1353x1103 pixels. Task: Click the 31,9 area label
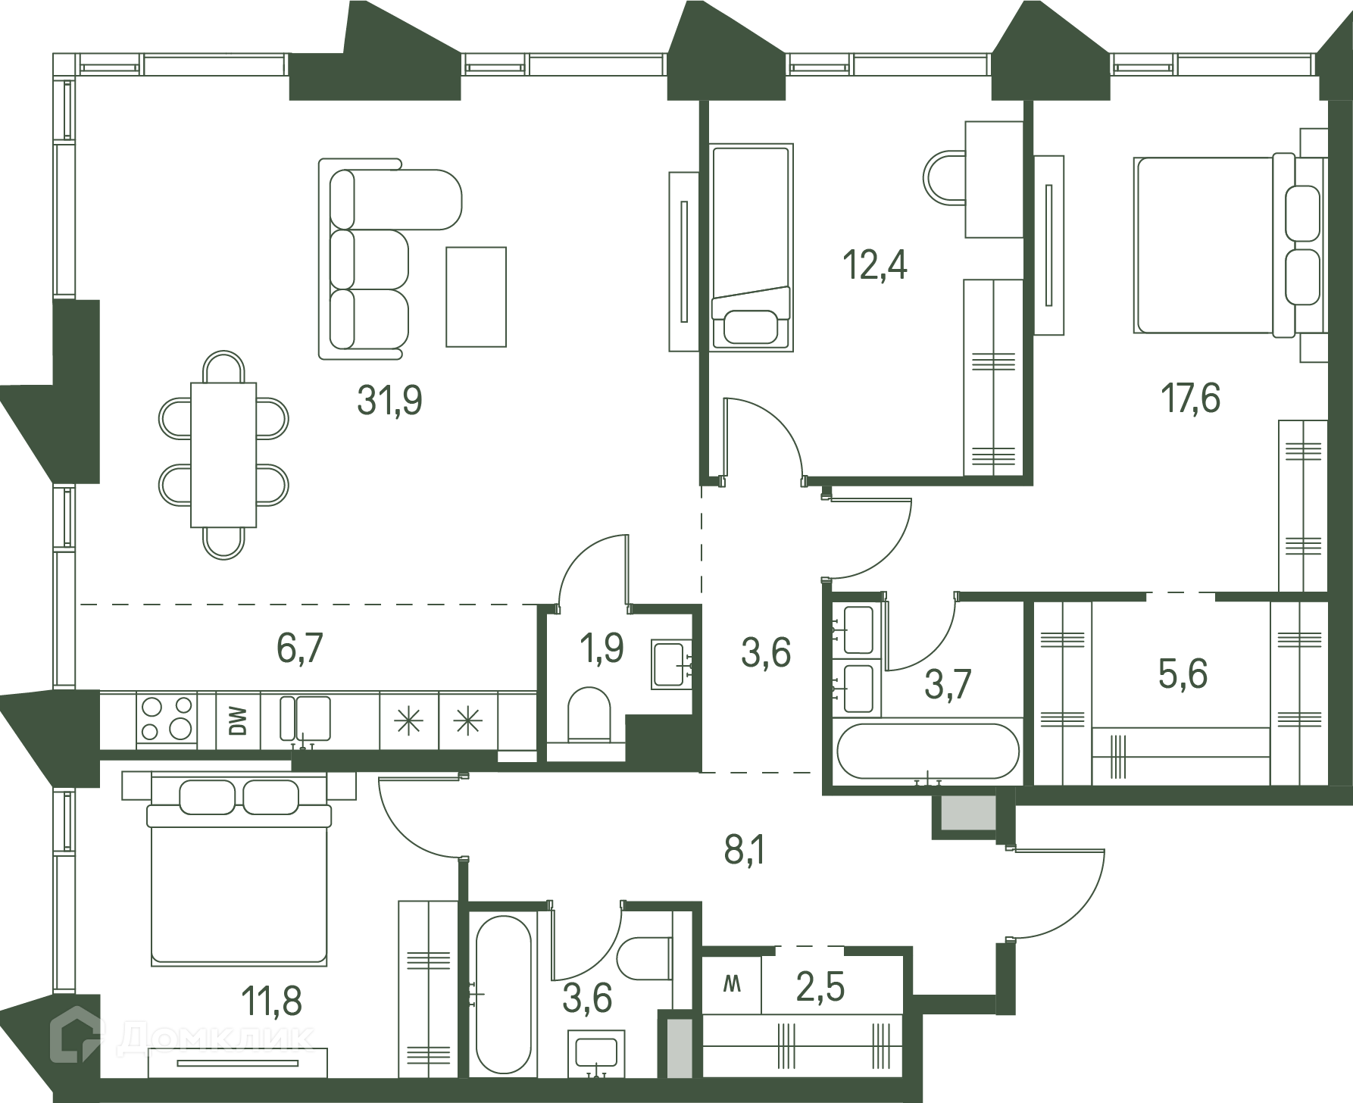(389, 400)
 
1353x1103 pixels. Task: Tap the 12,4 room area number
(875, 266)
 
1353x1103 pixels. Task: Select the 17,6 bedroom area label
(1191, 398)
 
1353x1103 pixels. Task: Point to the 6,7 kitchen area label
(301, 648)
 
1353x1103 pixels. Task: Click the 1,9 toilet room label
(602, 648)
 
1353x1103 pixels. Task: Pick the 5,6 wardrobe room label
(1183, 673)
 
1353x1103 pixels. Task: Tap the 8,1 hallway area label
(745, 851)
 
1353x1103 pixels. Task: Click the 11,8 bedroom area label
(272, 1001)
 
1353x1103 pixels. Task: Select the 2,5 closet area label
(820, 987)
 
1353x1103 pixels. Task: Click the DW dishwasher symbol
(238, 720)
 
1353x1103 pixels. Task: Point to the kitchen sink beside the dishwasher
(305, 719)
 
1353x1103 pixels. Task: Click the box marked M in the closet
(732, 985)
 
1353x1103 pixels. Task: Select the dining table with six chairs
(223, 455)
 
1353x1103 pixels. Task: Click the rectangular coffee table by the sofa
(476, 297)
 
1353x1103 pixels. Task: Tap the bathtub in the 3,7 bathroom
(928, 751)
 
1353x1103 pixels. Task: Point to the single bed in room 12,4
(751, 247)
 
